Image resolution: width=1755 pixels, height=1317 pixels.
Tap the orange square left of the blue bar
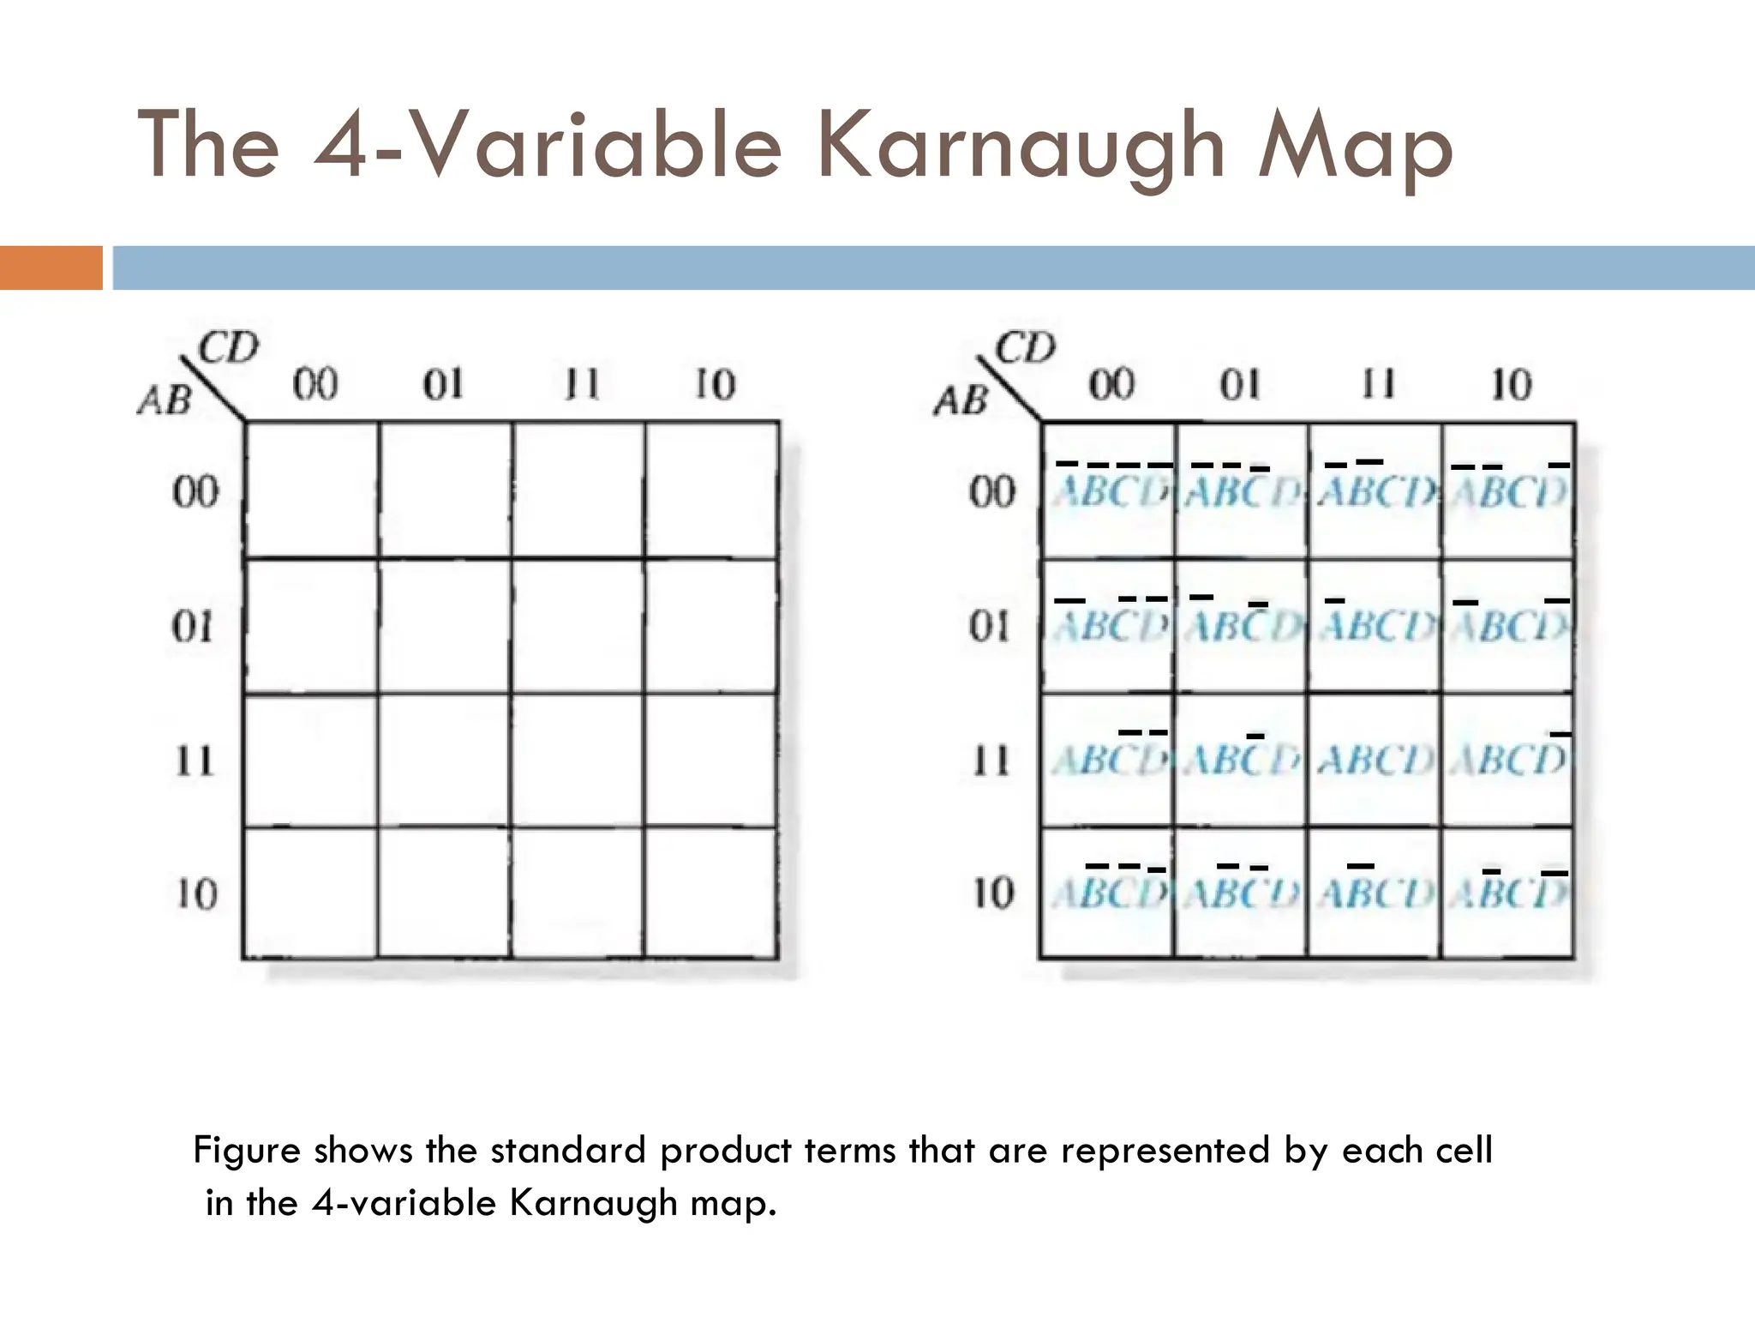(x=51, y=268)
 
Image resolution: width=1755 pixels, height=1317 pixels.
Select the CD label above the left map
(x=228, y=349)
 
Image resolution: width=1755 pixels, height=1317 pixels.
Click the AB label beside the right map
(x=961, y=400)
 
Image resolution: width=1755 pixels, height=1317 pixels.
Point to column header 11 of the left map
(x=581, y=384)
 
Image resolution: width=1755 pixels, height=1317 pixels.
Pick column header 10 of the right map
(x=1510, y=384)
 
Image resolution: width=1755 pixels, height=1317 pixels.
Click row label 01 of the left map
(x=193, y=627)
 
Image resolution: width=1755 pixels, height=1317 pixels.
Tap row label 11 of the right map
(x=991, y=761)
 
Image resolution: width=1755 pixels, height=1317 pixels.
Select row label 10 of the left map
(x=196, y=894)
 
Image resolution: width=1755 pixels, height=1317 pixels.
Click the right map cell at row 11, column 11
(x=1375, y=761)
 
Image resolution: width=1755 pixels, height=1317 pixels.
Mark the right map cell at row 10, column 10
(x=1508, y=893)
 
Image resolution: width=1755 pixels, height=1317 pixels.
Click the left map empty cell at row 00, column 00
(x=312, y=490)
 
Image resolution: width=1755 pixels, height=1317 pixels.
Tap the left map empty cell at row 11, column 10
(x=712, y=761)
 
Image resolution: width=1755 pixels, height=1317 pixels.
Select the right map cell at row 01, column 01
(x=1243, y=627)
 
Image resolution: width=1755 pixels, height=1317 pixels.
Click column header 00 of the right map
(x=1111, y=384)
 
